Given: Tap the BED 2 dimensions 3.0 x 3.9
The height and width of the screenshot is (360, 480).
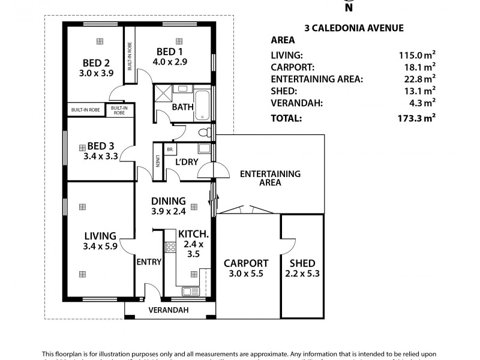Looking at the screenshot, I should point(96,73).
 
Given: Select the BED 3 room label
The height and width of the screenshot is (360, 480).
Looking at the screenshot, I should point(101,146).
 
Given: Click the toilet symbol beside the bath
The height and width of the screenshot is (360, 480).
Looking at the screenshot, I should point(204,132).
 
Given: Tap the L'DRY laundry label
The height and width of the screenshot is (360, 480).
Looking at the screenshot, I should point(187,163).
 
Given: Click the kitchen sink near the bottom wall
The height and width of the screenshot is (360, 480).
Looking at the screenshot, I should point(191,291).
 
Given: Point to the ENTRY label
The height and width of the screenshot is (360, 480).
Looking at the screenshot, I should point(149,262).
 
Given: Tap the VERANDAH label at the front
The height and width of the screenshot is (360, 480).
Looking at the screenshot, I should point(169,310).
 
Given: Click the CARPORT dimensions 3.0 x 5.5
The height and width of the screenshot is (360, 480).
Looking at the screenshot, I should point(246,274).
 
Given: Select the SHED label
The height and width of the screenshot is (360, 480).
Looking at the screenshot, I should point(302,263).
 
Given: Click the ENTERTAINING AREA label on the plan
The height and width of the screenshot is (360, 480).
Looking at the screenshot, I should point(269,178).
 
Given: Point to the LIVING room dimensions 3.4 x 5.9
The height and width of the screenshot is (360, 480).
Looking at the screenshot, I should point(100,245).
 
